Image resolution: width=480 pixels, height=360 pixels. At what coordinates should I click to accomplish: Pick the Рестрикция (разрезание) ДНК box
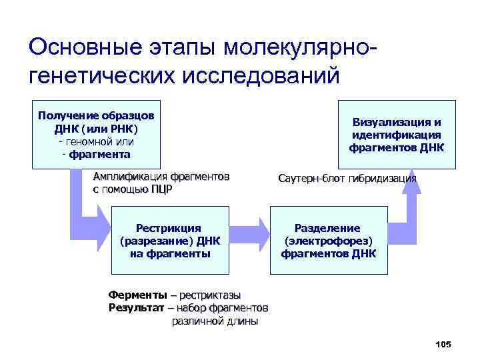tap(169, 241)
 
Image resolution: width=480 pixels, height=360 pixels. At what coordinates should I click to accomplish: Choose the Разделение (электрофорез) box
tap(328, 241)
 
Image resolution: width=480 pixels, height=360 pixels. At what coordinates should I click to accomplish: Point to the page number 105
tap(443, 344)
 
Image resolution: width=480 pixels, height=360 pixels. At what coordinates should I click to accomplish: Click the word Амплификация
tap(130, 177)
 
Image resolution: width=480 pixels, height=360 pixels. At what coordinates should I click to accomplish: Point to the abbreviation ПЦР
tap(161, 189)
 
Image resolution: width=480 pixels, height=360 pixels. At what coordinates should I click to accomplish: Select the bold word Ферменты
tap(137, 295)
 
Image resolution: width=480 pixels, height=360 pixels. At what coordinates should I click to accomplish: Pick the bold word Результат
tap(137, 307)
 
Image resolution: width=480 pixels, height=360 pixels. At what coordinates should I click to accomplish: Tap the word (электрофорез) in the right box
tap(328, 241)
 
